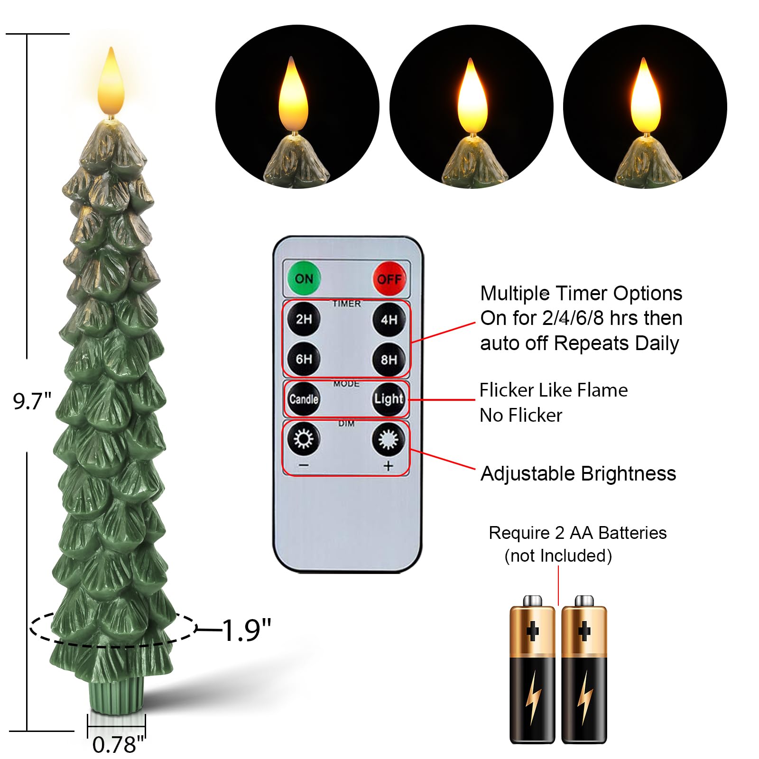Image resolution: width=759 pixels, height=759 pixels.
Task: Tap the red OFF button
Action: point(389,279)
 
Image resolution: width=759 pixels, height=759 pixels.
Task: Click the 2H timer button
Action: point(304,319)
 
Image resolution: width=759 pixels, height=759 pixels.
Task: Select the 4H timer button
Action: point(389,319)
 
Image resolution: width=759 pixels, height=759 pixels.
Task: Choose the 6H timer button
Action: point(304,359)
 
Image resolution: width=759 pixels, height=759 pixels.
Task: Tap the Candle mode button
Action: point(304,399)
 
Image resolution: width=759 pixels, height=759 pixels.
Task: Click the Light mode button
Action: point(389,399)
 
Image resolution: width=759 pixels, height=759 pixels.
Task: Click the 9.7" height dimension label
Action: point(32,401)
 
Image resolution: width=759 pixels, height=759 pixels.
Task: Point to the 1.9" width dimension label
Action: point(246,630)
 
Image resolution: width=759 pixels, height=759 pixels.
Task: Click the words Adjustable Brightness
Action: point(578,473)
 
